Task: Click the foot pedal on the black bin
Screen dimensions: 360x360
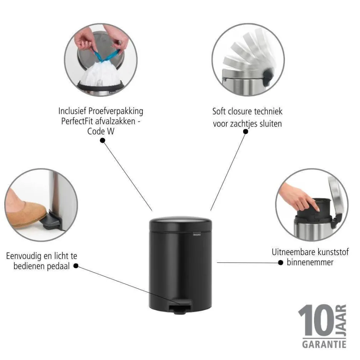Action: (x=180, y=306)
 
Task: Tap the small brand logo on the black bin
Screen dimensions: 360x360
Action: (x=197, y=235)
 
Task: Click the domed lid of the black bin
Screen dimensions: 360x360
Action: (x=180, y=223)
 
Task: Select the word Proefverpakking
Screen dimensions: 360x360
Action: (x=116, y=111)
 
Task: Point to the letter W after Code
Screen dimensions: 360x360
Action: (x=110, y=131)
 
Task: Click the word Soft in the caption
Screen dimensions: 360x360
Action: (x=219, y=111)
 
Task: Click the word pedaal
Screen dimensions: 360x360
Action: (x=58, y=267)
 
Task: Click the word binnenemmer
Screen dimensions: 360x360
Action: (x=310, y=262)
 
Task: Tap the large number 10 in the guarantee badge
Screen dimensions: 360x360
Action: (x=316, y=320)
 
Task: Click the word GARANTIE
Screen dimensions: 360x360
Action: (x=324, y=344)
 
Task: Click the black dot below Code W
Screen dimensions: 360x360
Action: (x=103, y=140)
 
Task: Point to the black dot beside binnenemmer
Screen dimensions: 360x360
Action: (x=280, y=262)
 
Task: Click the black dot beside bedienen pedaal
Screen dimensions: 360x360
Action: (x=76, y=266)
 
